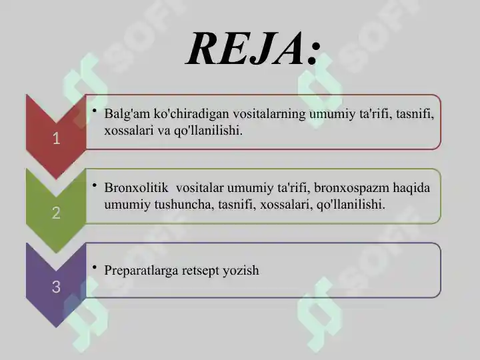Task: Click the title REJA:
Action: click(x=253, y=48)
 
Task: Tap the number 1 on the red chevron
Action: click(x=56, y=139)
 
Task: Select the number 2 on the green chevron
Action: click(x=56, y=213)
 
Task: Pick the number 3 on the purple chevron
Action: click(x=56, y=287)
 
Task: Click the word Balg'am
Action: click(x=127, y=115)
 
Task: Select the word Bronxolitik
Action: click(x=136, y=188)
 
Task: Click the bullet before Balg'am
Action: click(x=96, y=111)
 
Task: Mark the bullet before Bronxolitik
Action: click(x=96, y=185)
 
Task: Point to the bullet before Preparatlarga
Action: click(x=96, y=267)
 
